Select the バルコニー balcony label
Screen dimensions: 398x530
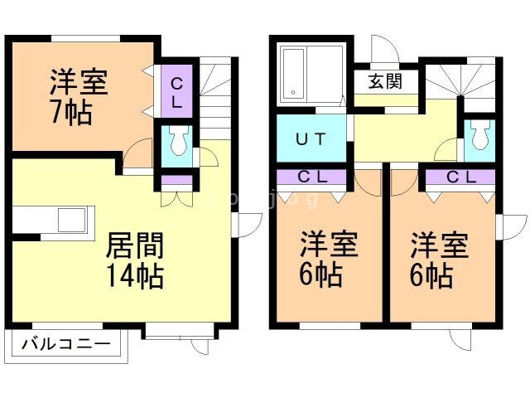[66, 342]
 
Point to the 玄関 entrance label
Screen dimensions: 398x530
[385, 82]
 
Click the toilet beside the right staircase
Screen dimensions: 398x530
[478, 140]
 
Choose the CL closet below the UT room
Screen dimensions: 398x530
[311, 176]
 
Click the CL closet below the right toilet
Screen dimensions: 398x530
[460, 176]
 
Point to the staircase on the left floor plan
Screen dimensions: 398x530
[217, 99]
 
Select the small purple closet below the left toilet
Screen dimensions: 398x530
[176, 181]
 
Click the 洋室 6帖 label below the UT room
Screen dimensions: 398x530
[329, 260]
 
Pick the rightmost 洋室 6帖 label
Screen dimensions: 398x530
[440, 260]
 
